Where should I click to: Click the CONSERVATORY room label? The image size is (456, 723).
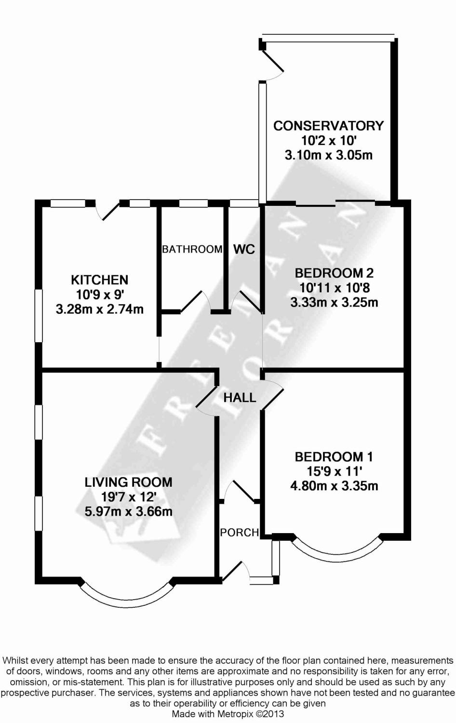coord(329,125)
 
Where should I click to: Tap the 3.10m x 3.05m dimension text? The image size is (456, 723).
coord(329,155)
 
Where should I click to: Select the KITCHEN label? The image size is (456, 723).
coord(99,280)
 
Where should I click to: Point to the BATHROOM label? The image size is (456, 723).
coord(192,249)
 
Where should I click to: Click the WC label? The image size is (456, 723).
coord(244,249)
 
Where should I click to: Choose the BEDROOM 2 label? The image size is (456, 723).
coord(334,273)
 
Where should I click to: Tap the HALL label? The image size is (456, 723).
coord(240,398)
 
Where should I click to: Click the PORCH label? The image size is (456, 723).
coord(240,532)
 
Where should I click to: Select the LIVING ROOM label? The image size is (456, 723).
coord(128,482)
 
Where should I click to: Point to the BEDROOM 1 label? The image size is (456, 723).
coord(334,457)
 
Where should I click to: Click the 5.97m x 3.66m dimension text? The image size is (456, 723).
coord(128,511)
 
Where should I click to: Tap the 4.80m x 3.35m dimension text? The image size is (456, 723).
coord(334,486)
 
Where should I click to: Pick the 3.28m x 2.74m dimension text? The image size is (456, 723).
coord(99,309)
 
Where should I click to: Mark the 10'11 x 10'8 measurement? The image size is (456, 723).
coord(334,288)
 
